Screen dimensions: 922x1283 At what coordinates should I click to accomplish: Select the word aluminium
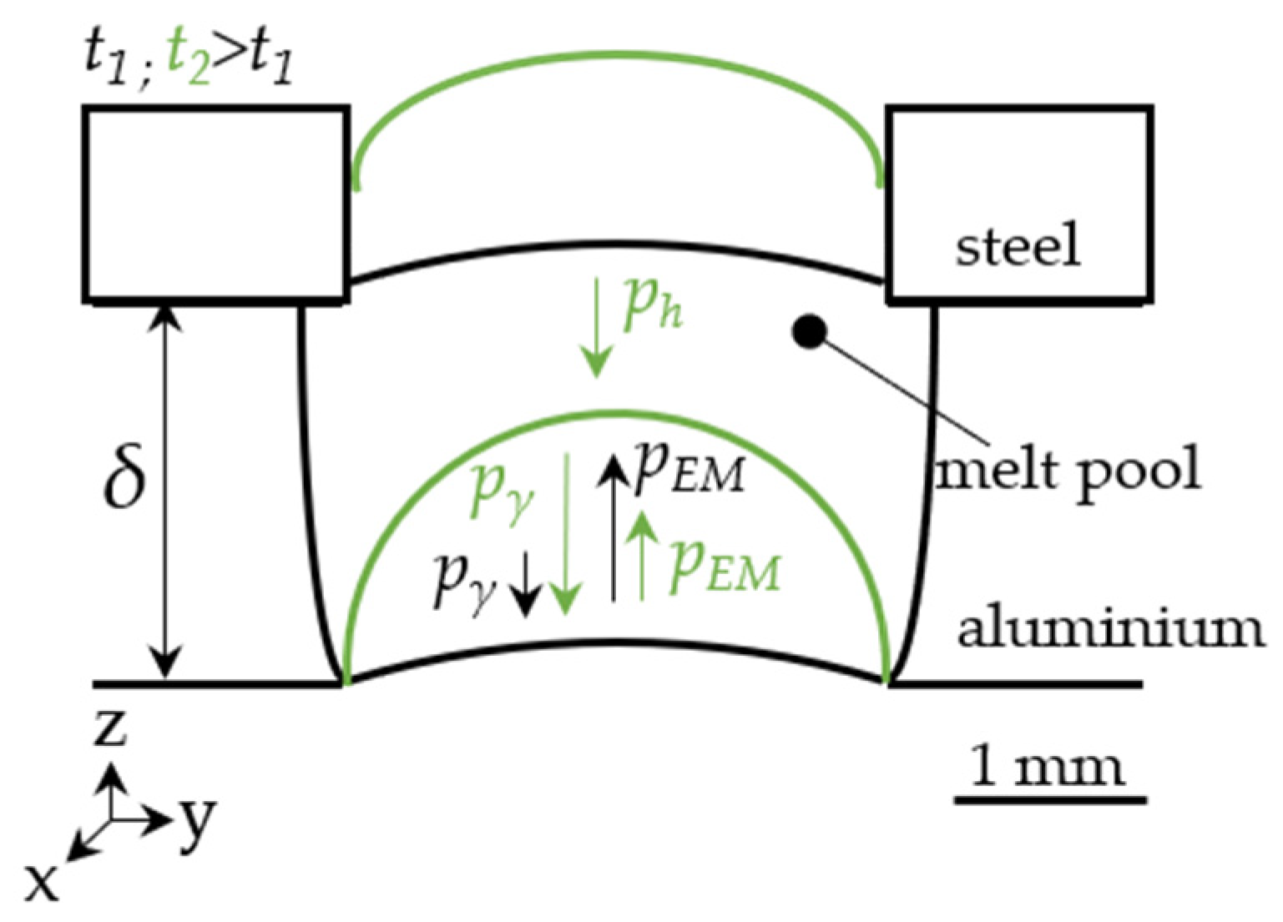click(x=1110, y=630)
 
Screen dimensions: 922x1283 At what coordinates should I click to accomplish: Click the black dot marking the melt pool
click(x=808, y=332)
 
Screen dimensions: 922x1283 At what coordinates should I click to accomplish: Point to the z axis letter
click(x=110, y=728)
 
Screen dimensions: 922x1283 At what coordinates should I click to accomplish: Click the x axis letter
click(x=42, y=882)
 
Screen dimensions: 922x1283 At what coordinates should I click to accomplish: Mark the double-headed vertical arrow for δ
click(x=168, y=492)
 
